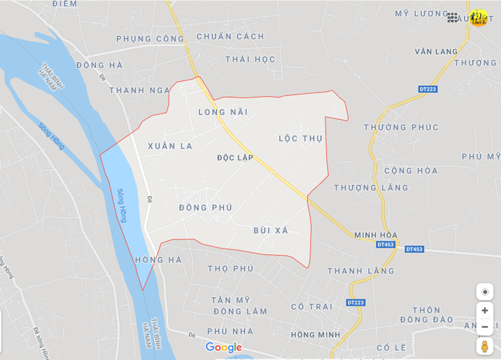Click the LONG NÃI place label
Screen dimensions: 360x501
click(x=223, y=112)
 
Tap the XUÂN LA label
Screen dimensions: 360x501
click(x=170, y=146)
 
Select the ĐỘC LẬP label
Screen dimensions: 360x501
click(x=235, y=158)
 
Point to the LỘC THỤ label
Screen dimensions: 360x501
click(x=301, y=139)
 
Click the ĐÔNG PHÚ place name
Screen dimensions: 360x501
click(x=205, y=208)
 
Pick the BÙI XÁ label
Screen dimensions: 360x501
click(x=271, y=230)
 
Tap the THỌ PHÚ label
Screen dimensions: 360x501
click(x=231, y=268)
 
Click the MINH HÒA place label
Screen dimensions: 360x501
click(x=375, y=235)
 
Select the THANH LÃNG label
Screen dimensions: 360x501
click(x=361, y=271)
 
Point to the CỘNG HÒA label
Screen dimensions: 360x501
click(x=411, y=171)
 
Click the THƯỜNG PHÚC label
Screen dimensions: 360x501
click(x=401, y=127)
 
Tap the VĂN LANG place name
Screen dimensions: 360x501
click(x=436, y=51)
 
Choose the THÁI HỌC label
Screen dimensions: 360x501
click(x=250, y=59)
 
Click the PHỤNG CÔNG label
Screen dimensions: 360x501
click(x=150, y=38)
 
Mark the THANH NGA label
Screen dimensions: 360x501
click(x=139, y=90)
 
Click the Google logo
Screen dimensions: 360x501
click(x=223, y=348)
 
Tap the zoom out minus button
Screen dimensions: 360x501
click(x=484, y=327)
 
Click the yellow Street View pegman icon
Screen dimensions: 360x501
click(x=484, y=345)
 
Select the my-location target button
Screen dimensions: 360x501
click(x=484, y=292)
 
